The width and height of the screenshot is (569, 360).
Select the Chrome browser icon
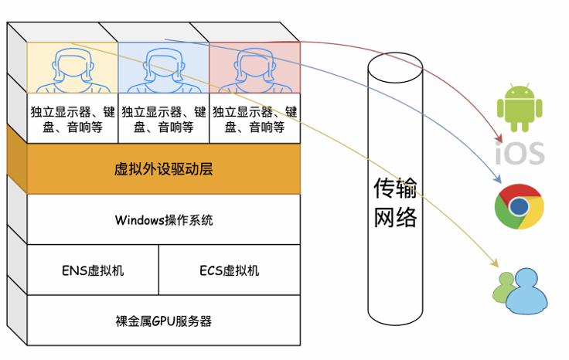point(520,206)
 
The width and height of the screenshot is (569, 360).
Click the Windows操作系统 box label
point(163,219)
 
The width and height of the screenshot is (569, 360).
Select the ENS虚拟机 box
point(93,270)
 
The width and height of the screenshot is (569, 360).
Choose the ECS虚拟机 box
point(230,270)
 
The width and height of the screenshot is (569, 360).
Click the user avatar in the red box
point(254,68)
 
